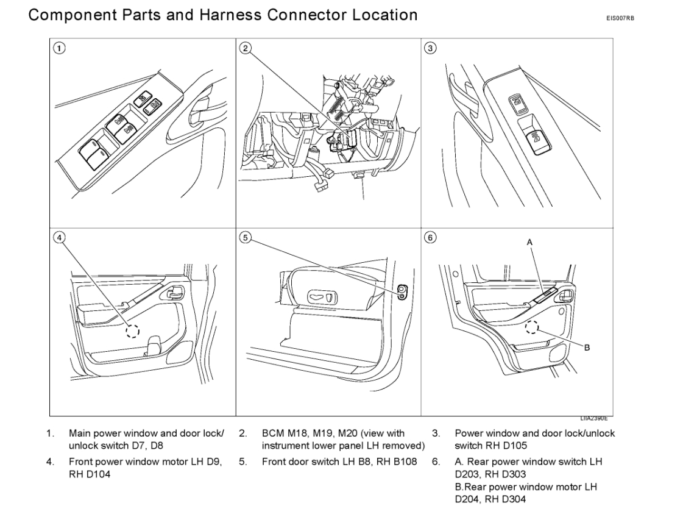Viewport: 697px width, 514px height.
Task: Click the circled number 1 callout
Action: coord(58,49)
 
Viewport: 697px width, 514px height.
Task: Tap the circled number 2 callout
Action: coord(245,49)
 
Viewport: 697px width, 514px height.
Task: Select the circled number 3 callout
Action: coord(431,49)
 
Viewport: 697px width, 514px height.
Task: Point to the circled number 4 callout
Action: coord(58,238)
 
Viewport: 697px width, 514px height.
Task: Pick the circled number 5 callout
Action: coord(245,238)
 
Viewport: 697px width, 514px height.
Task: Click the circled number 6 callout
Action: coord(431,238)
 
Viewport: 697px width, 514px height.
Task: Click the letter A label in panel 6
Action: coord(529,242)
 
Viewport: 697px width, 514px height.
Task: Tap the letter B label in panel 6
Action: coord(587,348)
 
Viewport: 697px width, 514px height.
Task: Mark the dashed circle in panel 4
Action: coord(132,330)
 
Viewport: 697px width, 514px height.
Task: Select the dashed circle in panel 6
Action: coord(532,327)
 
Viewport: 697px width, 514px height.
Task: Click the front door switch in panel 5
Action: coord(402,291)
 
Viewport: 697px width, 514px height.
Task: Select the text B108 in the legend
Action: coord(403,462)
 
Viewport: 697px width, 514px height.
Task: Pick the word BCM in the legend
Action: coord(272,434)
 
